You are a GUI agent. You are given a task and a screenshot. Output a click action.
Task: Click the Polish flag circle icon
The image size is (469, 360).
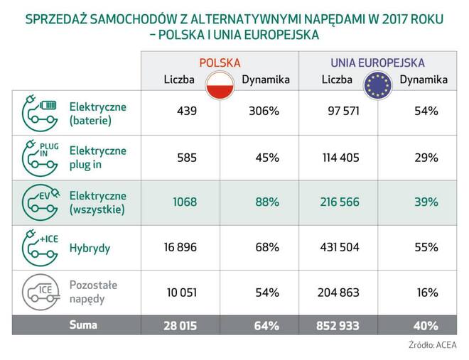(x=220, y=85)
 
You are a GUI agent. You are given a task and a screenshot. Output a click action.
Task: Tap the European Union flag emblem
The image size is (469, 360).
(x=378, y=85)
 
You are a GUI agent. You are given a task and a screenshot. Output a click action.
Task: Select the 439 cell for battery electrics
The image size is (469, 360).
(x=187, y=111)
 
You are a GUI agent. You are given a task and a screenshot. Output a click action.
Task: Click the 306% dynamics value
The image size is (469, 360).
(x=264, y=111)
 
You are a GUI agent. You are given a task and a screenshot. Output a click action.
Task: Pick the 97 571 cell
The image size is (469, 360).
(x=343, y=111)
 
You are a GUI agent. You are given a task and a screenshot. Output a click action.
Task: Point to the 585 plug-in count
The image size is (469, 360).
(x=187, y=158)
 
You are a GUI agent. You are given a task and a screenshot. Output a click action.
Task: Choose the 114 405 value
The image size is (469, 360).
(x=340, y=158)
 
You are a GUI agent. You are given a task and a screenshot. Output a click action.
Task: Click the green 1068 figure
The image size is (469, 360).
(x=185, y=202)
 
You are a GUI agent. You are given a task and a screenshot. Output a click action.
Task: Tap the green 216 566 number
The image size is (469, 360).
(x=340, y=202)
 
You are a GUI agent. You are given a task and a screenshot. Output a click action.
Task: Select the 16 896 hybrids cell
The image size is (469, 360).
(x=180, y=247)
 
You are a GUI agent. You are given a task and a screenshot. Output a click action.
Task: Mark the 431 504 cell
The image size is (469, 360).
(x=340, y=247)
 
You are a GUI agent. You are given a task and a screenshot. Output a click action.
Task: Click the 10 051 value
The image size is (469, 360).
(x=182, y=293)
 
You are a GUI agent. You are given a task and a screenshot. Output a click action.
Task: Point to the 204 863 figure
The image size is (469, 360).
(x=338, y=293)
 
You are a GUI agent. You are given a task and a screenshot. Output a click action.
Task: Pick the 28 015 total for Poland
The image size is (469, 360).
(x=180, y=326)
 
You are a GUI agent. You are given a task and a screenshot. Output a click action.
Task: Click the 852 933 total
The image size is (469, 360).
(x=338, y=326)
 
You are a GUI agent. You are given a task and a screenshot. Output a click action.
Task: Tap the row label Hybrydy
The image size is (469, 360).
(x=90, y=249)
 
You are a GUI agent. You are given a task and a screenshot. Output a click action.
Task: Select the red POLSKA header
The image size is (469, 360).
(x=220, y=62)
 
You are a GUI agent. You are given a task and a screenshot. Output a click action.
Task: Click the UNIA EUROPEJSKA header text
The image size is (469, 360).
(x=377, y=62)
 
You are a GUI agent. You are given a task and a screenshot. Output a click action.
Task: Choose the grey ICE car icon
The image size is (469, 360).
(x=41, y=292)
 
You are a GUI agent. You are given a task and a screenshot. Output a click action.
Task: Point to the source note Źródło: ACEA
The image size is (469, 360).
(x=433, y=345)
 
